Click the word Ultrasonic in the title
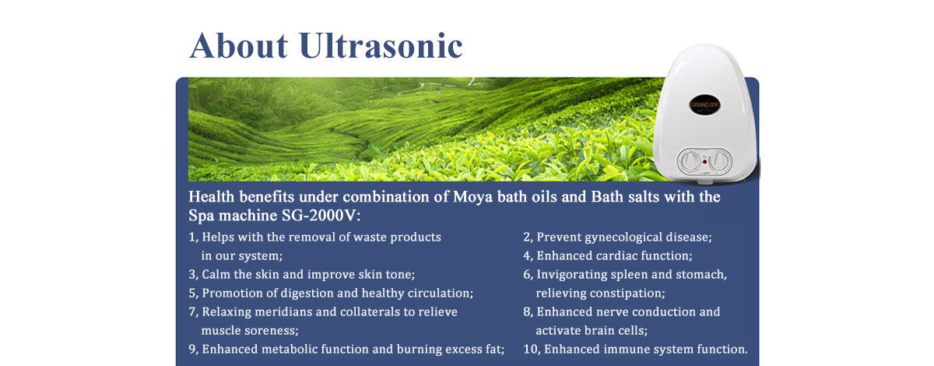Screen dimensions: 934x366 [381, 45]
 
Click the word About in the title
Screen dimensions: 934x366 [238, 45]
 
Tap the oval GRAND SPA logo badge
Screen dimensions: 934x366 [704, 105]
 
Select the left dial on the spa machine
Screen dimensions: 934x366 [690, 161]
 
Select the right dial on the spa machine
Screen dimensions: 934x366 [720, 160]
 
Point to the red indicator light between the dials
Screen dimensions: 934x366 [705, 161]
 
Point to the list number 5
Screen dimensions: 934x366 [192, 293]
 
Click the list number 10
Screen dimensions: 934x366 [530, 349]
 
